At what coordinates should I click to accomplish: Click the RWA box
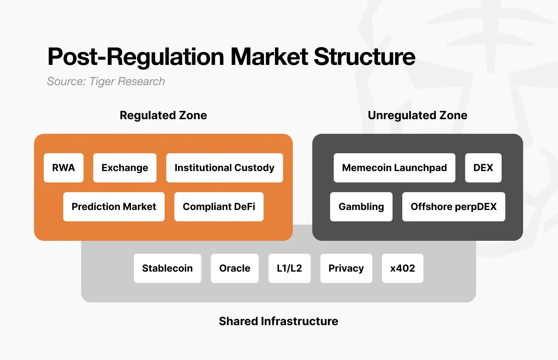pyautogui.click(x=64, y=168)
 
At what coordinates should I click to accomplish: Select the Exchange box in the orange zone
pyautogui.click(x=125, y=168)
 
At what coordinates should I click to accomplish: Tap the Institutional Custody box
pyautogui.click(x=224, y=168)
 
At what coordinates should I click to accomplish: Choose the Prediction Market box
pyautogui.click(x=114, y=207)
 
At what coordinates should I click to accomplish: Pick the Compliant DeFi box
pyautogui.click(x=219, y=207)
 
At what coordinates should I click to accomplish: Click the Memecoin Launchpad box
pyautogui.click(x=394, y=168)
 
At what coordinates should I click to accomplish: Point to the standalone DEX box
pyautogui.click(x=483, y=168)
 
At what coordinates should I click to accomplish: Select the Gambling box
pyautogui.click(x=361, y=207)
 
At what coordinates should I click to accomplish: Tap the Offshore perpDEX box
pyautogui.click(x=453, y=207)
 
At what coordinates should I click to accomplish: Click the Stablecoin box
pyautogui.click(x=167, y=268)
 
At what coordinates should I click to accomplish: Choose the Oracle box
pyautogui.click(x=235, y=268)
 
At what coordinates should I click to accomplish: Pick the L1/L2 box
pyautogui.click(x=290, y=268)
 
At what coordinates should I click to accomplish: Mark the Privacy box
pyautogui.click(x=346, y=268)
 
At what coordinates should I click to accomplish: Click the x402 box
pyautogui.click(x=403, y=268)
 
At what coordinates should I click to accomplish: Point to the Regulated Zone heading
pyautogui.click(x=163, y=116)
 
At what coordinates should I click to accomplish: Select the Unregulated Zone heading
pyautogui.click(x=417, y=116)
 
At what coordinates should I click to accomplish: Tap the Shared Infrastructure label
pyautogui.click(x=278, y=321)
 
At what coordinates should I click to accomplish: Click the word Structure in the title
pyautogui.click(x=364, y=57)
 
